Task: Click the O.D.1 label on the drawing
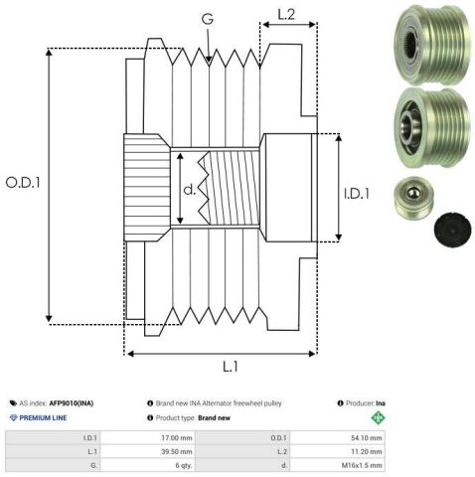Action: [x=23, y=183]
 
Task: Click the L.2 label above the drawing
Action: [x=286, y=15]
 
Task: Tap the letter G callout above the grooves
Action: [x=208, y=19]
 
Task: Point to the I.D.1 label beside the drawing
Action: [x=357, y=194]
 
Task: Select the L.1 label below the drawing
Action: [x=231, y=367]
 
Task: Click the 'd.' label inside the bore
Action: [x=189, y=190]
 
